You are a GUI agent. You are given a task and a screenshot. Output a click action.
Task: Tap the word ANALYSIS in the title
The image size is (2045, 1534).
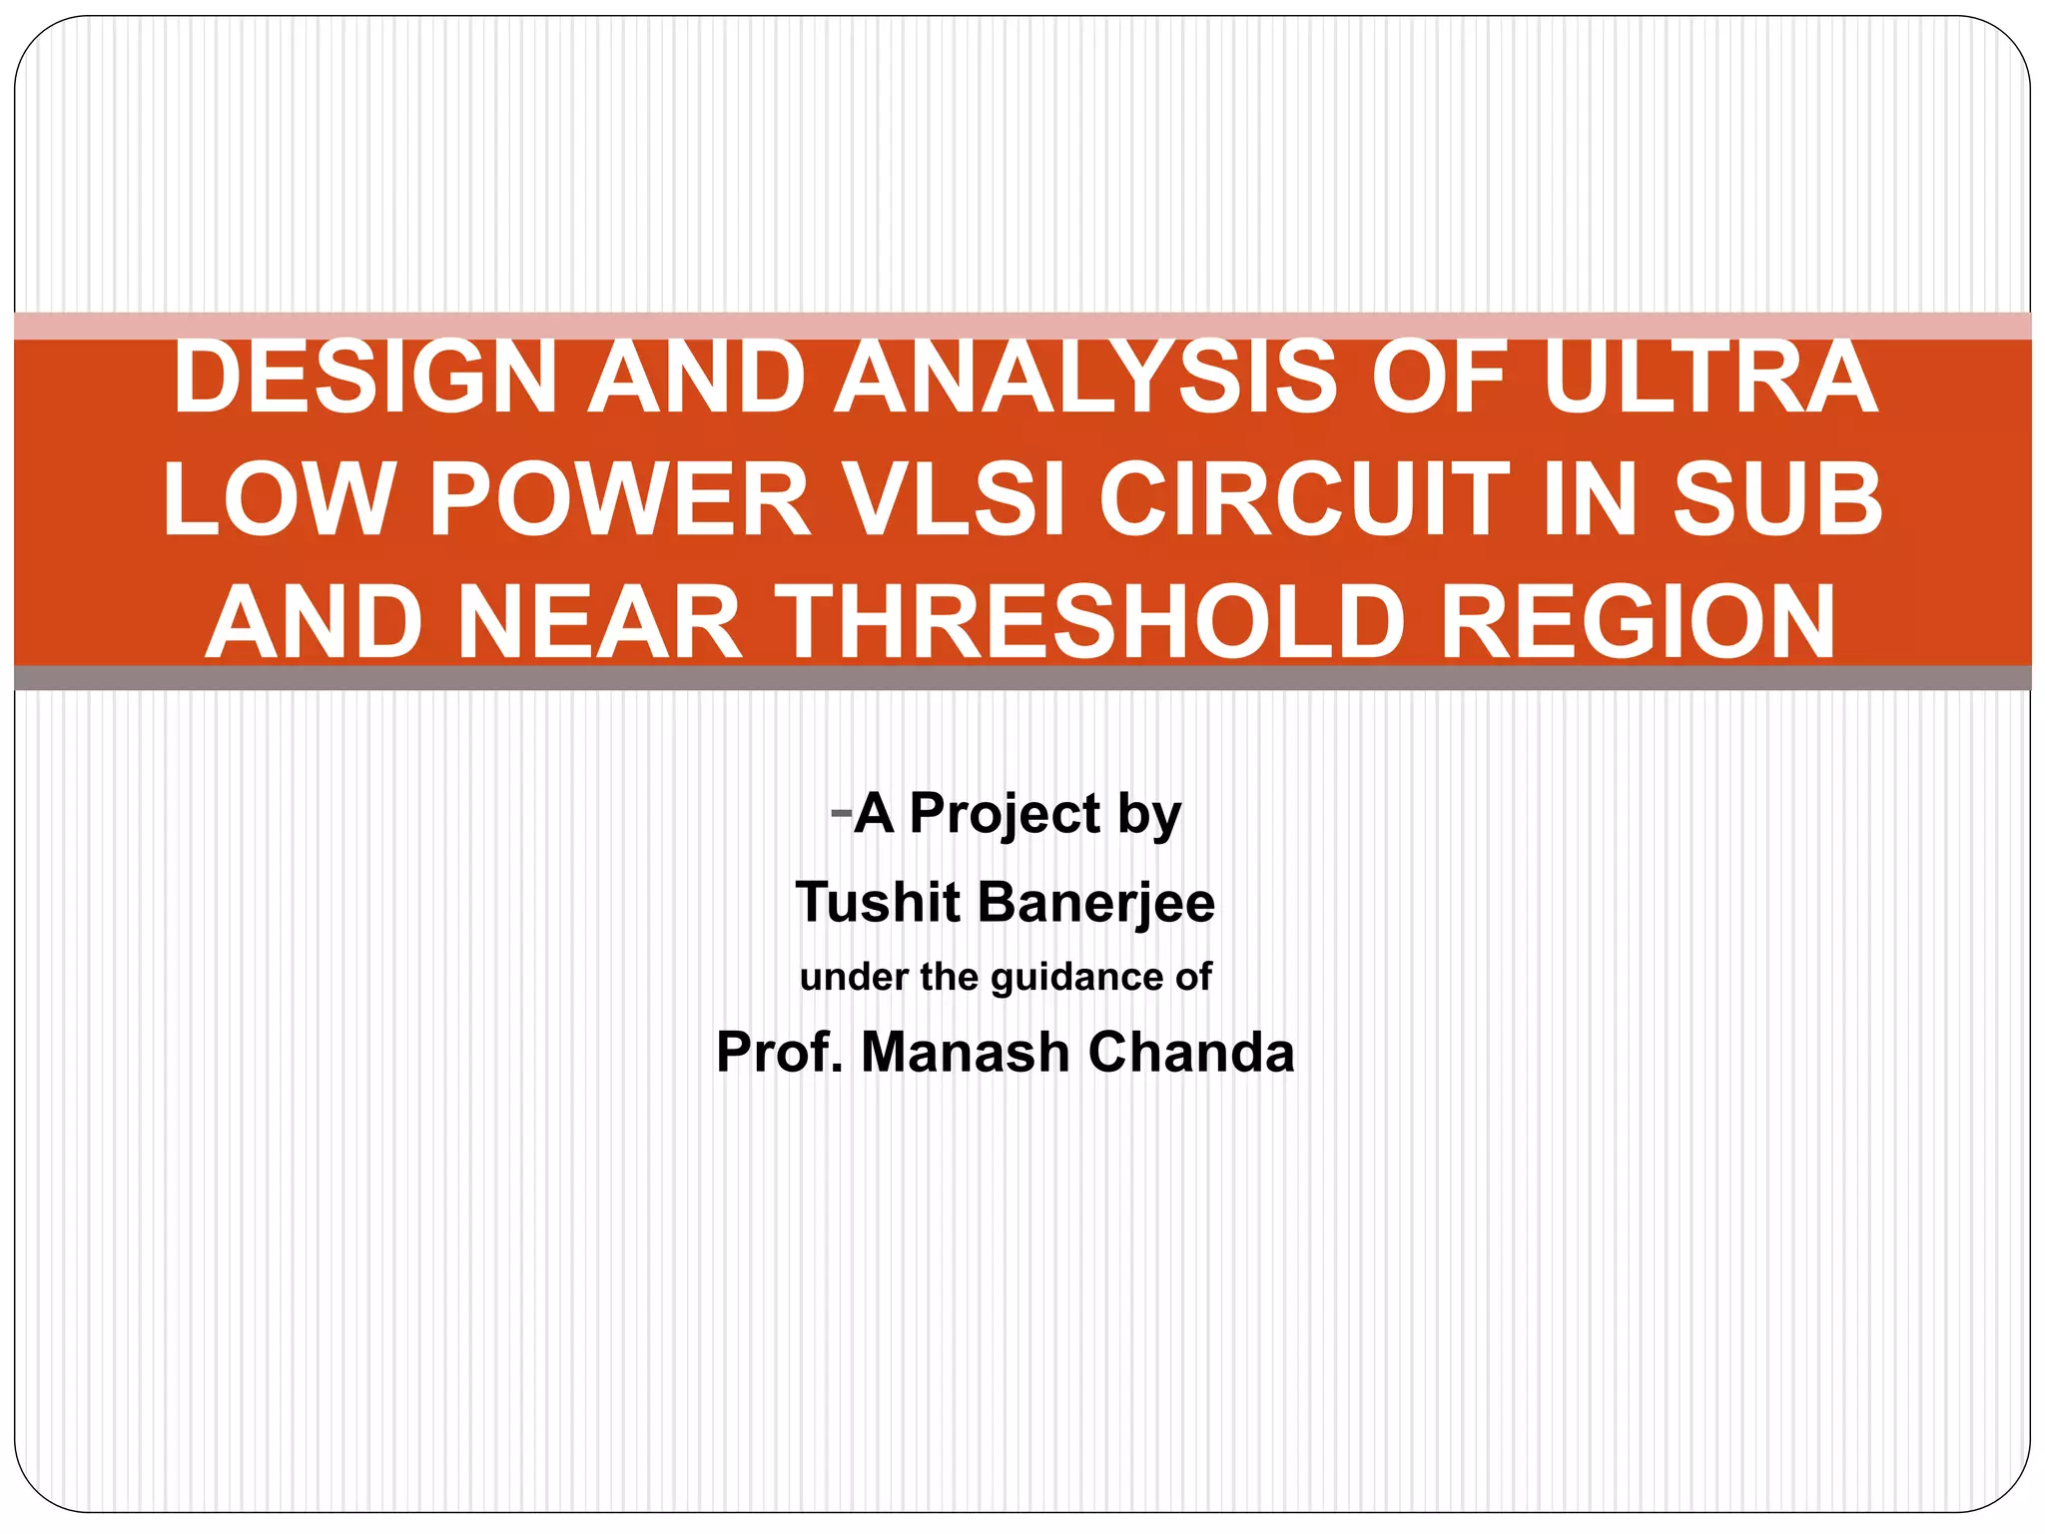[x=1084, y=378]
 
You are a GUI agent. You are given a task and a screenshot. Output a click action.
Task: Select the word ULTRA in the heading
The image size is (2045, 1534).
[x=1709, y=378]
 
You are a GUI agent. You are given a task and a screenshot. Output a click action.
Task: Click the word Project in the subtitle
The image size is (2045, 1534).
[x=1006, y=813]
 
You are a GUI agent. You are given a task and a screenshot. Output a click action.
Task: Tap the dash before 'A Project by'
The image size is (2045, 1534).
[x=840, y=811]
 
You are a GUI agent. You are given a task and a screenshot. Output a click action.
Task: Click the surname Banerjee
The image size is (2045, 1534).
[x=1095, y=902]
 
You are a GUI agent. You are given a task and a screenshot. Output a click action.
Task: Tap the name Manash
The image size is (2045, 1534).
[x=965, y=1052]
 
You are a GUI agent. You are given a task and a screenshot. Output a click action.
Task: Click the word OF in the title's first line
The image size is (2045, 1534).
[x=1438, y=378]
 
